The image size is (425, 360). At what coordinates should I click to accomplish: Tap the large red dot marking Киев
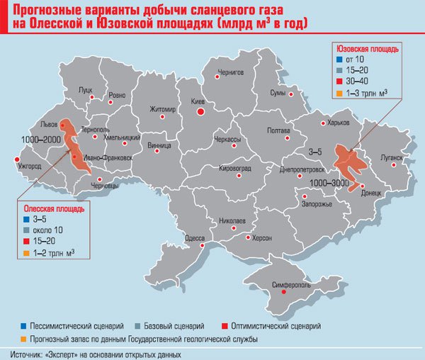(x=201, y=112)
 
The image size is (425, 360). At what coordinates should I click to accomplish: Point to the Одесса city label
(x=195, y=239)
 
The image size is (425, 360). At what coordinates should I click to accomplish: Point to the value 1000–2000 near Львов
(x=40, y=140)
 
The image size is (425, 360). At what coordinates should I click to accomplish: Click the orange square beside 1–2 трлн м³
(x=25, y=253)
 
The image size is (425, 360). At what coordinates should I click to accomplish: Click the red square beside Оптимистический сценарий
(x=226, y=326)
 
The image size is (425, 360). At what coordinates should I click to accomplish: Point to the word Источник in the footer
(x=29, y=353)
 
